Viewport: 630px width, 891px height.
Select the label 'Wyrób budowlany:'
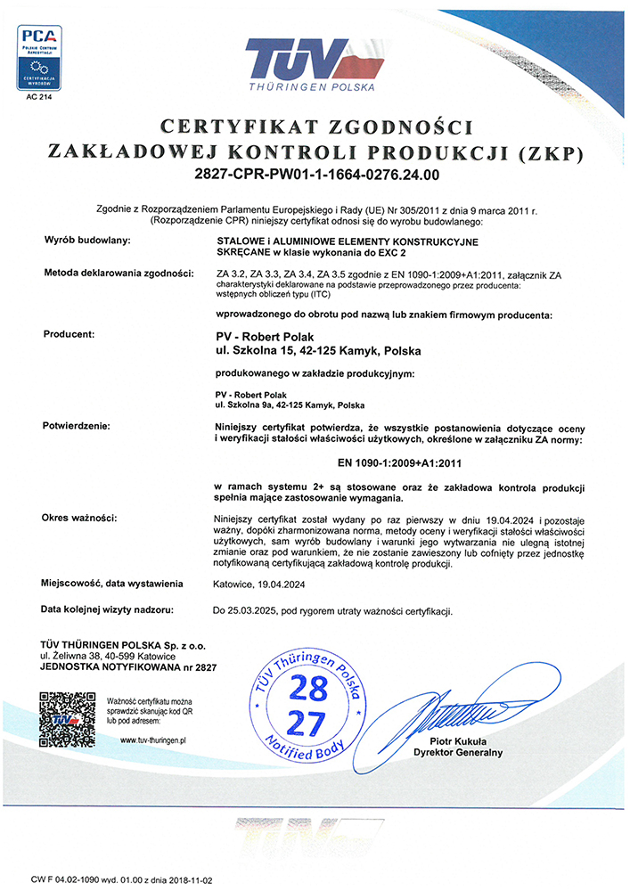click(x=87, y=241)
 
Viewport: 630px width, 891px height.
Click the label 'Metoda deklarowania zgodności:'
click(x=118, y=273)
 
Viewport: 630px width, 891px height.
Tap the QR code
click(x=66, y=718)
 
